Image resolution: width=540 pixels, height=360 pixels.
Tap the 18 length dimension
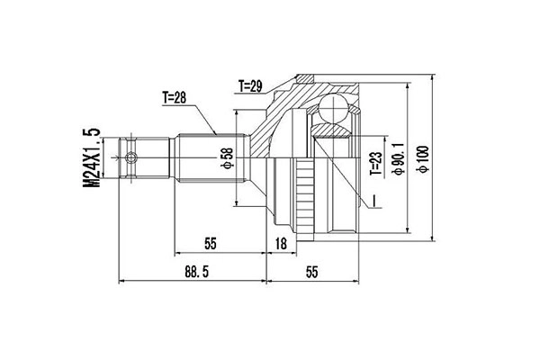280,244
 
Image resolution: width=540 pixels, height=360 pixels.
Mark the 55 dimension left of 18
211,244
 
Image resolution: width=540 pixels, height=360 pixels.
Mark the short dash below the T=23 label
370,197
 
